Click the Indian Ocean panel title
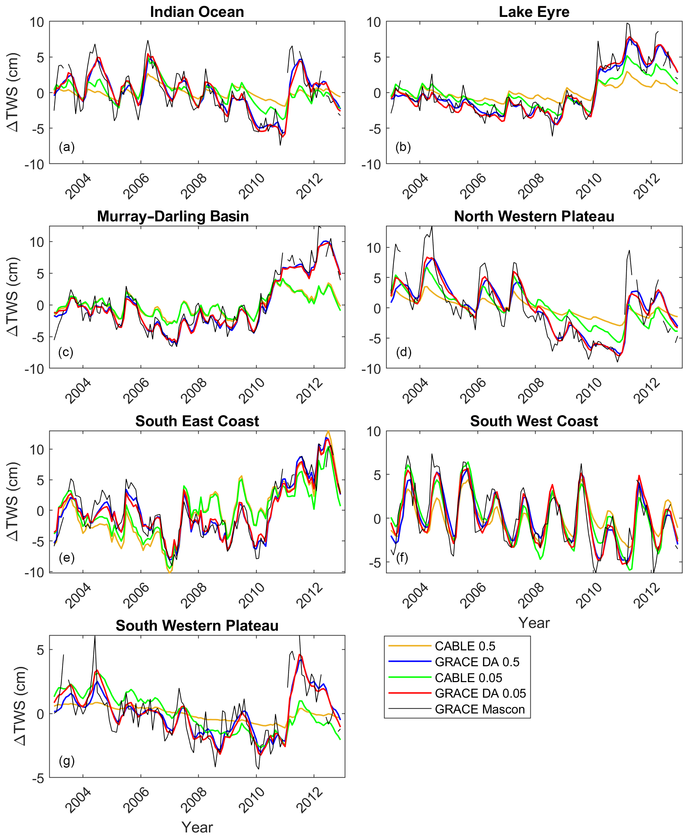[x=197, y=12]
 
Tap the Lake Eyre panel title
[x=534, y=12]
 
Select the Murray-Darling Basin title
[x=173, y=216]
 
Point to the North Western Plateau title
[x=534, y=216]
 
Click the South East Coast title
[x=197, y=421]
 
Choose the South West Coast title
[x=534, y=421]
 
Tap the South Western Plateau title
[x=197, y=626]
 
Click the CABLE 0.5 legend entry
[x=465, y=646]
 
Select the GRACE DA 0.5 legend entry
[x=477, y=662]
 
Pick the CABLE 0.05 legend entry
[x=468, y=678]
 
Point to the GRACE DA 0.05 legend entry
[x=480, y=693]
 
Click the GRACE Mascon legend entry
[x=479, y=709]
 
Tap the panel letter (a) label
[x=67, y=147]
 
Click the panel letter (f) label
[x=402, y=558]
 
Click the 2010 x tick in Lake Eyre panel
[x=589, y=186]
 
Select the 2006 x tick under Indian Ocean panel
[x=136, y=186]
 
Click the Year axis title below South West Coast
[x=534, y=623]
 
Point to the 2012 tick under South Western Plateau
[x=310, y=800]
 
